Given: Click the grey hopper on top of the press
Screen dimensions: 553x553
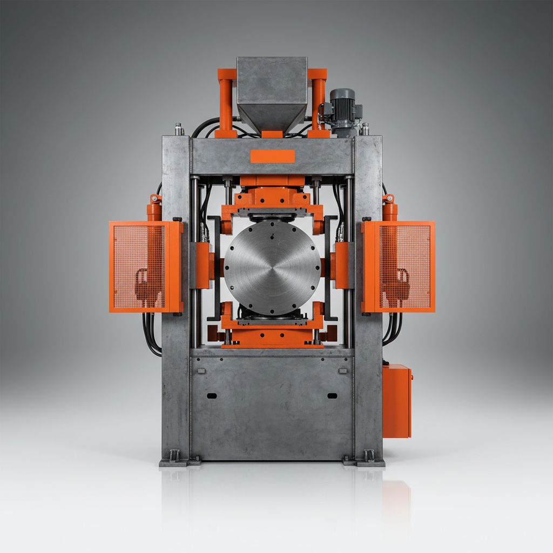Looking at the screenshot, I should coord(272,92).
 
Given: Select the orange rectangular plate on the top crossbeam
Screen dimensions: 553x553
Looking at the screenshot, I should coord(272,156).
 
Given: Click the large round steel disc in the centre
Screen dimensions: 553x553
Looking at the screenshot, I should coord(272,267).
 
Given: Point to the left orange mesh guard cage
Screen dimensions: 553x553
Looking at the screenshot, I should coord(145,267).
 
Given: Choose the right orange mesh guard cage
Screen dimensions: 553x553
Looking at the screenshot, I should coord(399,267).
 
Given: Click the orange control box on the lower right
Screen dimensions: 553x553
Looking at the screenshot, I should coord(397,400).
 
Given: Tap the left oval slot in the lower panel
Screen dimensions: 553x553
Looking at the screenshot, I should coord(212,396).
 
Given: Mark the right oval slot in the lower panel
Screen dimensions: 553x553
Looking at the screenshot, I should coord(332,396).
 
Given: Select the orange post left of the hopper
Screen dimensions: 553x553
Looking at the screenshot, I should coord(226,103).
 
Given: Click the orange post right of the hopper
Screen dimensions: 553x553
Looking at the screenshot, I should coord(318,103).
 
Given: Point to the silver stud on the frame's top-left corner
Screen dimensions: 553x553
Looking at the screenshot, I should coord(179,130).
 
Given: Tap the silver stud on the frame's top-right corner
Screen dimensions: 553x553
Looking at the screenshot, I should coord(365,130).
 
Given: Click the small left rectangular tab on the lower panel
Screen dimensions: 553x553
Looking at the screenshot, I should coord(201,371).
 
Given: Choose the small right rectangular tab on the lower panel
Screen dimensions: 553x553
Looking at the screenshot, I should coord(342,371).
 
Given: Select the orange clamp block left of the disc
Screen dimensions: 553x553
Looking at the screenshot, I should coord(203,265).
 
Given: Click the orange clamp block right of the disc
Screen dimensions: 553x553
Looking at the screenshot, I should coord(341,265).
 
